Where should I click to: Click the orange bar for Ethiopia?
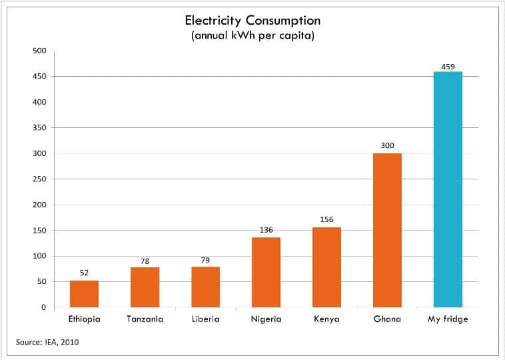tap(84, 294)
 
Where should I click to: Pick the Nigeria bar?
tap(266, 273)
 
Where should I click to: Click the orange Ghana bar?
tap(387, 231)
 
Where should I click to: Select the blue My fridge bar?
tap(448, 190)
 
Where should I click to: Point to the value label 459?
tap(448, 67)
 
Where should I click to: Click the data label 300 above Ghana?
tap(387, 145)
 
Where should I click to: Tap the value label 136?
tap(266, 230)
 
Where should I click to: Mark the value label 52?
tap(84, 273)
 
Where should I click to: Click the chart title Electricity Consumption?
tap(252, 21)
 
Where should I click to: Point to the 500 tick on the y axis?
tap(39, 51)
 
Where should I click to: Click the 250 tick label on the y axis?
tap(39, 179)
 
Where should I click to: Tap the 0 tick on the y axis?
tap(43, 307)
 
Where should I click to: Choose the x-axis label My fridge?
tap(448, 319)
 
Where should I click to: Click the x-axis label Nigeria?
tap(266, 319)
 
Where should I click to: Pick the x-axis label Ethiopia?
tap(84, 319)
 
